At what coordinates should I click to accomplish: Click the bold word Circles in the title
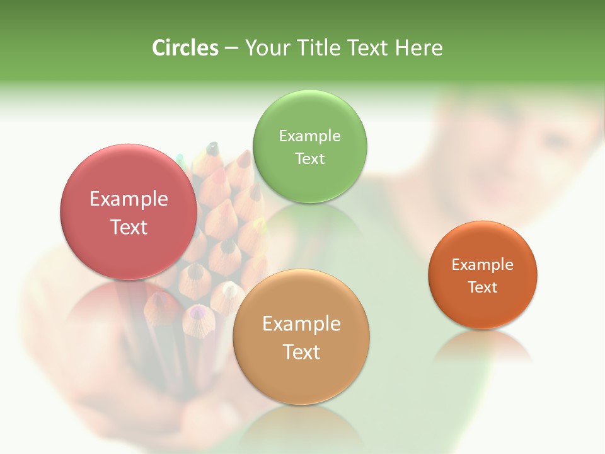(x=185, y=48)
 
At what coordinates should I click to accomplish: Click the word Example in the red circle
(x=129, y=199)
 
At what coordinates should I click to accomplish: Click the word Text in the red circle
(x=129, y=227)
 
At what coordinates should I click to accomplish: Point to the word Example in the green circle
(x=309, y=136)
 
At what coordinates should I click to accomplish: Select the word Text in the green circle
(x=309, y=158)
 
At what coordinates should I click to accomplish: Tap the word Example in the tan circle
(x=301, y=324)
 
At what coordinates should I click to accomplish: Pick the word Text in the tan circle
(x=301, y=352)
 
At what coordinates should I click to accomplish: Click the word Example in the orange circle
(x=483, y=265)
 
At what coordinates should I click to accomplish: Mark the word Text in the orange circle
(x=483, y=288)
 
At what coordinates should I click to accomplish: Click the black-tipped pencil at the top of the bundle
(x=212, y=149)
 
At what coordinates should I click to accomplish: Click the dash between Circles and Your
(x=231, y=49)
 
